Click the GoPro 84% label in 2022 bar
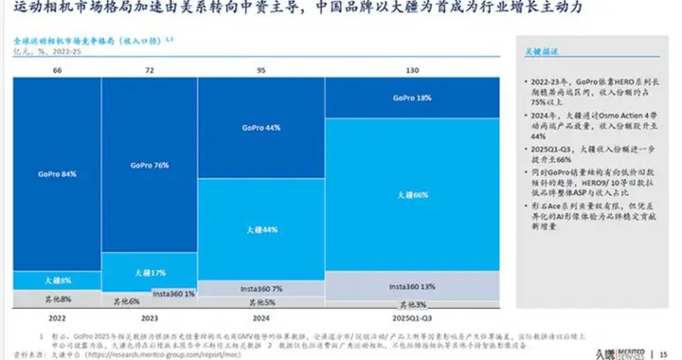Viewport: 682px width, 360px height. coord(57,174)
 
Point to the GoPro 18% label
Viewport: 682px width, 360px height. coord(412,98)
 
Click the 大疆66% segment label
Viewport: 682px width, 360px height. coord(413,193)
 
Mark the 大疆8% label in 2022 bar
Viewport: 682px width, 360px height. coord(57,281)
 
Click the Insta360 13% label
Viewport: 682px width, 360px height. coord(413,285)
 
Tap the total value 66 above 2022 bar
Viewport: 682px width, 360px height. coord(57,71)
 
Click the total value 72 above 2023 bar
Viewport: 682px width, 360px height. coord(148,71)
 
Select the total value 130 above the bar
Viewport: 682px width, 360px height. coord(413,71)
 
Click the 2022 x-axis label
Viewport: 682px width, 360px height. coord(57,320)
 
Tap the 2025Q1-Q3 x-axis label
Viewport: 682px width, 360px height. coord(413,320)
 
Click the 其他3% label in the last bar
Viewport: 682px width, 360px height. coord(413,304)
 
